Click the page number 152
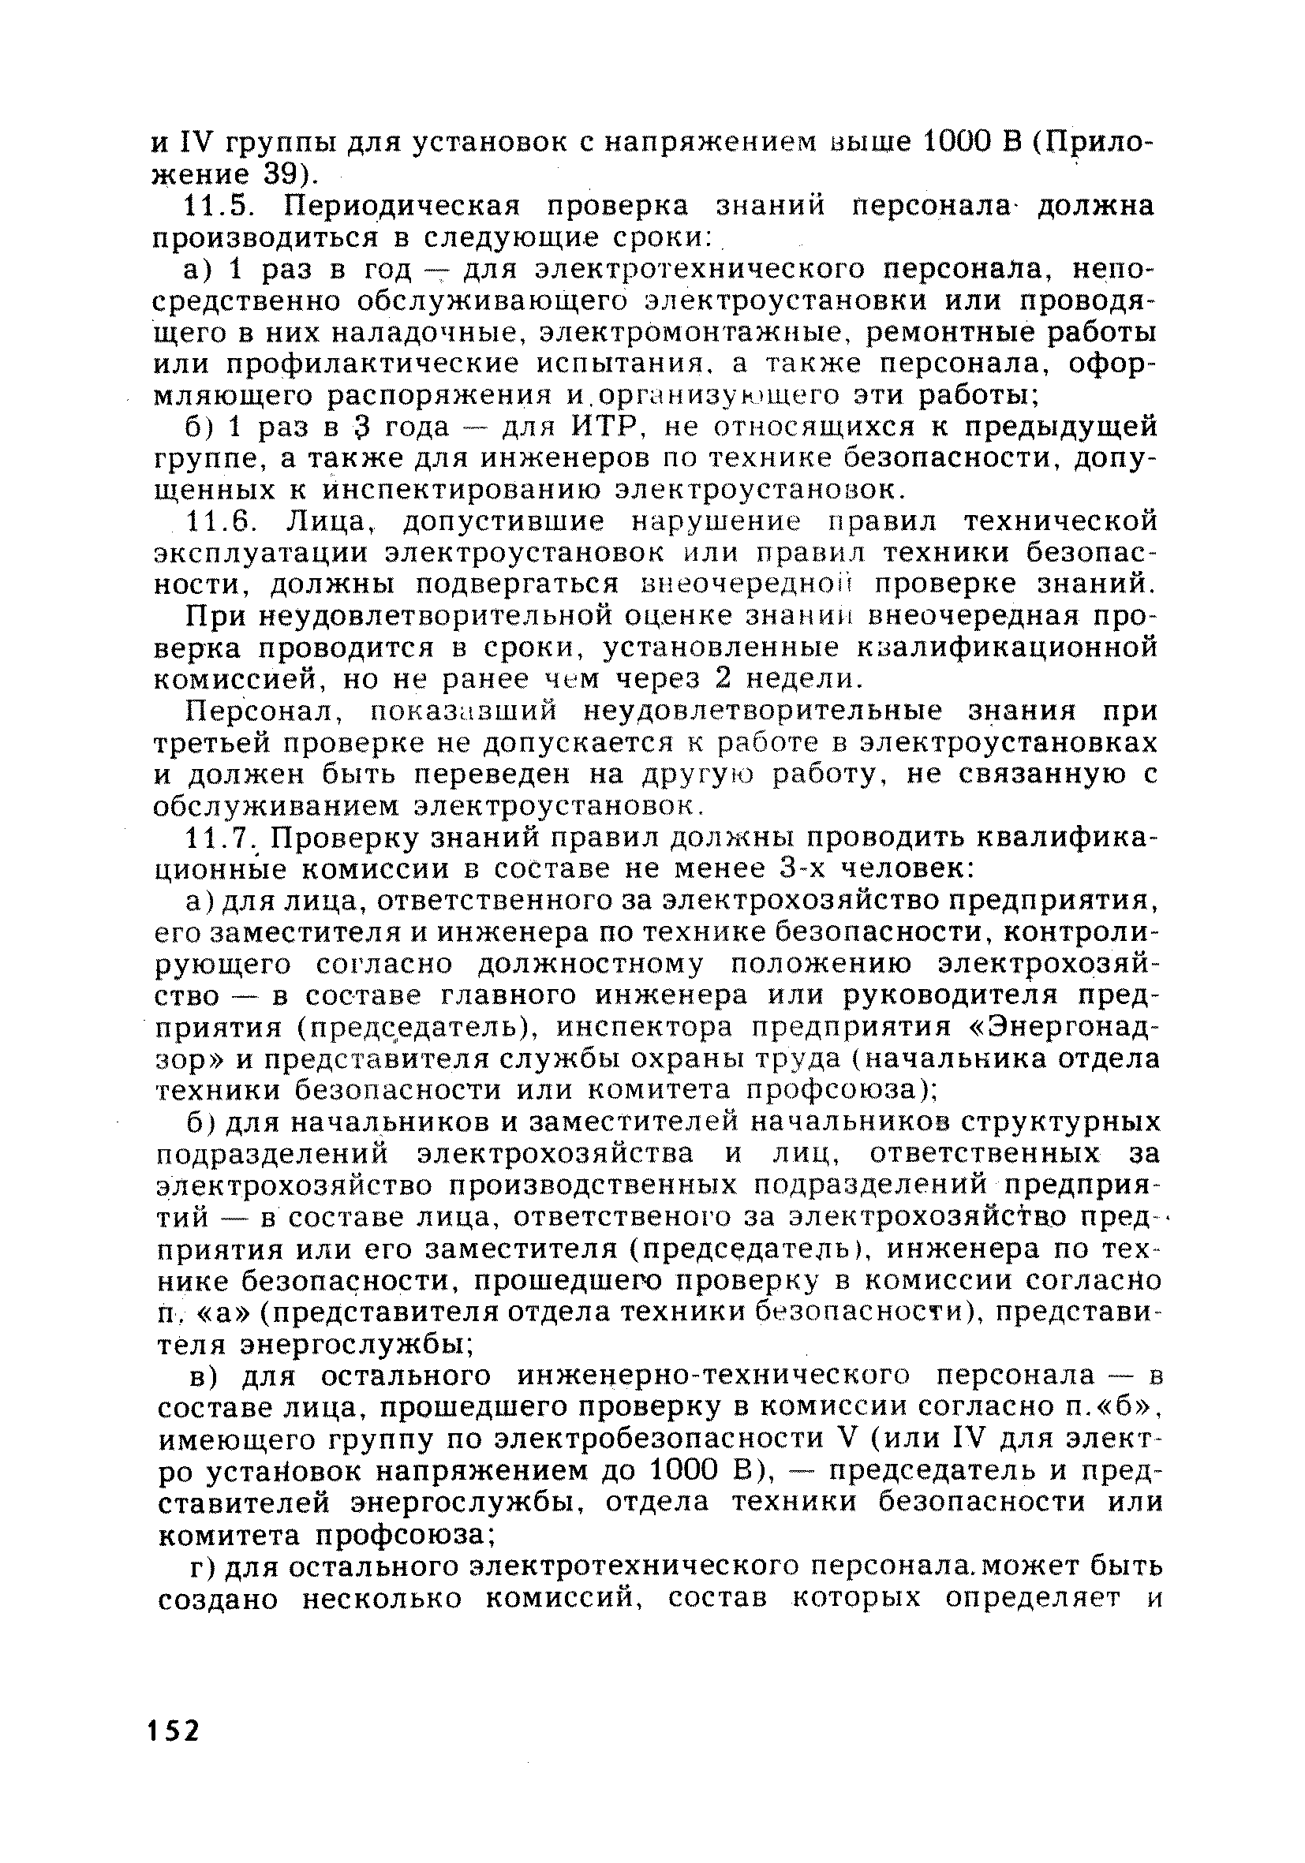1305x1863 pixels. [174, 1731]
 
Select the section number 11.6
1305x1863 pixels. [215, 520]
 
